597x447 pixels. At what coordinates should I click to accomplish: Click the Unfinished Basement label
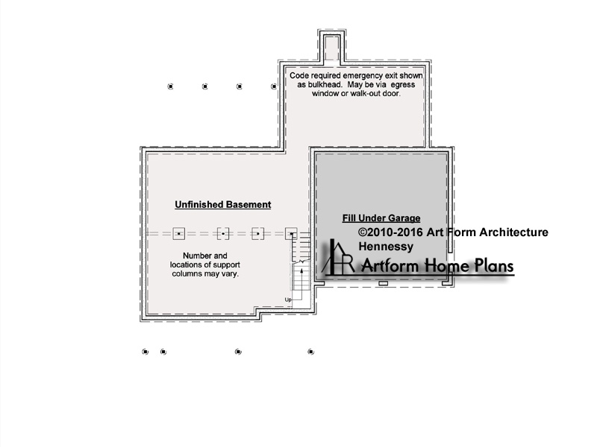pos(222,204)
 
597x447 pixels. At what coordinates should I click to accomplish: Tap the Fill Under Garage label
pos(381,218)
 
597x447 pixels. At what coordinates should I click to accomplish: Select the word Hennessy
pos(386,247)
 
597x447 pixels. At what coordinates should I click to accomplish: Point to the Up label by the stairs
pos(288,299)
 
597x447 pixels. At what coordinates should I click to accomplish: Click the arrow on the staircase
pos(301,283)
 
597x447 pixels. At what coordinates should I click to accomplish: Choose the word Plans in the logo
pos(494,265)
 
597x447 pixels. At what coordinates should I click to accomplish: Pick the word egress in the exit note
pos(403,85)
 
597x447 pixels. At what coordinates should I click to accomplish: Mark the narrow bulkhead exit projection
pos(332,47)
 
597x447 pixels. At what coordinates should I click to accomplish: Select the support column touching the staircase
pos(291,234)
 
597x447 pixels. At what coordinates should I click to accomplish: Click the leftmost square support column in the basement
pos(178,234)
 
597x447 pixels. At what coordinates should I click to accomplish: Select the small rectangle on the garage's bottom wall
pos(384,284)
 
